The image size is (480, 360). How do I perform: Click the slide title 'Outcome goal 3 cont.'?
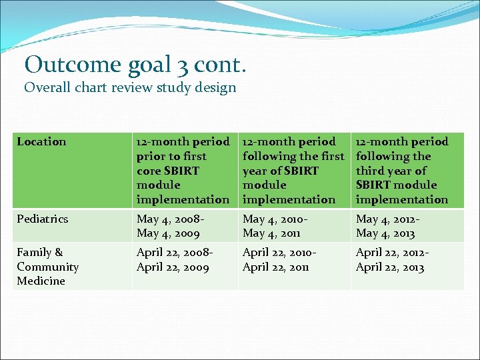click(x=135, y=64)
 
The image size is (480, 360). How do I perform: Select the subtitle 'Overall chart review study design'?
click(x=130, y=88)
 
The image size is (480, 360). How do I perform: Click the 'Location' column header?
click(x=41, y=141)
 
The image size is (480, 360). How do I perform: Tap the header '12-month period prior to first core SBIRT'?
click(x=182, y=170)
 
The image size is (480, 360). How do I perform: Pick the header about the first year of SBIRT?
click(x=293, y=170)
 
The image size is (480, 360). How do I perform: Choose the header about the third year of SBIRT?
click(x=402, y=170)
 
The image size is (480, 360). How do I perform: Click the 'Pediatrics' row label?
click(x=43, y=219)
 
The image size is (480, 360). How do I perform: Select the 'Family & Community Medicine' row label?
click(x=47, y=266)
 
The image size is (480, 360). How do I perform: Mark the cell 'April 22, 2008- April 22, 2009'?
click(x=175, y=259)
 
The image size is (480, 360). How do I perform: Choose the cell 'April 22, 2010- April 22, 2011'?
click(x=279, y=259)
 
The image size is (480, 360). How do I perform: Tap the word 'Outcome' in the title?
click(x=63, y=64)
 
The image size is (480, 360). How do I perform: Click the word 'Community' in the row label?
click(x=47, y=267)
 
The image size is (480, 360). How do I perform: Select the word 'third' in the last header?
click(x=369, y=171)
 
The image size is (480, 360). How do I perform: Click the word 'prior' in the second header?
click(x=151, y=156)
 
